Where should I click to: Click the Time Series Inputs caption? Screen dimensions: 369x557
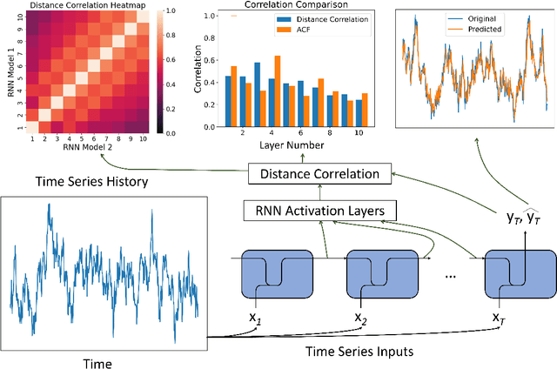tap(359, 351)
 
